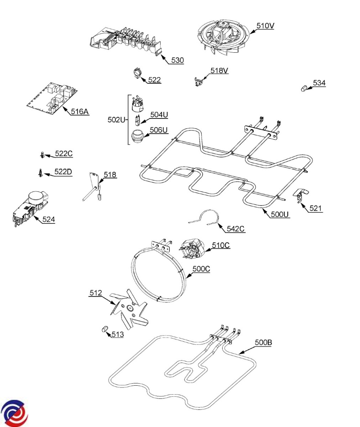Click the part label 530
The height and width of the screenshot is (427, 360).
coord(177,60)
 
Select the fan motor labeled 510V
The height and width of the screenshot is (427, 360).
coord(221,37)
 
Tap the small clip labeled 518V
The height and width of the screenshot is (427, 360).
coord(199,81)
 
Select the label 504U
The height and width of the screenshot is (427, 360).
coord(159,114)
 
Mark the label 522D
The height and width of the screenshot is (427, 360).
coord(63,172)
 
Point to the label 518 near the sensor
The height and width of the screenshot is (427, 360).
coord(110,174)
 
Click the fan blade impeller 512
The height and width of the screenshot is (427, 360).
coord(129,310)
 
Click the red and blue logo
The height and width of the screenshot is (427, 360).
coord(14,413)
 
